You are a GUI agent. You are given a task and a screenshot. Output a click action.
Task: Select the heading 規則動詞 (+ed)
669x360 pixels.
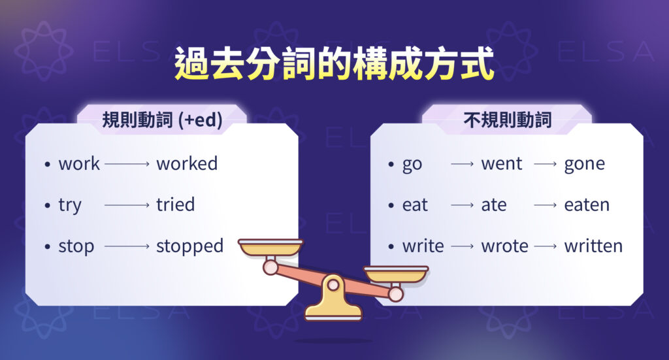click(162, 120)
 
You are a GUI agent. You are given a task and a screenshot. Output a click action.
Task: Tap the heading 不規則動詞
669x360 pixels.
click(507, 120)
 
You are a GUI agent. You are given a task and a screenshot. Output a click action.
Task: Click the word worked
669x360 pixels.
click(186, 163)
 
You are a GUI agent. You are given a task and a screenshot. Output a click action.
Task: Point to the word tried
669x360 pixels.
click(175, 205)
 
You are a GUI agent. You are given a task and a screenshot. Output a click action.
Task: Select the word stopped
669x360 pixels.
click(189, 246)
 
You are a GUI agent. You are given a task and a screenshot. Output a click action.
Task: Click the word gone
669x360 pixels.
click(584, 164)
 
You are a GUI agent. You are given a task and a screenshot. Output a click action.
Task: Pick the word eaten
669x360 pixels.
click(587, 205)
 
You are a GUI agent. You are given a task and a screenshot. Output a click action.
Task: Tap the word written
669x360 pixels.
click(593, 246)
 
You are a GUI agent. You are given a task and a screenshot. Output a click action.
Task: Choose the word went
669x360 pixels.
click(502, 164)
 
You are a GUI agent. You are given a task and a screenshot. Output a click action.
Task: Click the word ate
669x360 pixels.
click(494, 205)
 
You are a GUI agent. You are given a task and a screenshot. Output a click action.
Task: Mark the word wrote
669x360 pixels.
click(504, 246)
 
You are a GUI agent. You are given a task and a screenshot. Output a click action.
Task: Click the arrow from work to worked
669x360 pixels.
click(127, 164)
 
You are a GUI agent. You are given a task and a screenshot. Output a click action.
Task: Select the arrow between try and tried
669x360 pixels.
click(127, 205)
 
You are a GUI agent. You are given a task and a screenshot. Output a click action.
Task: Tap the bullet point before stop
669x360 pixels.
click(47, 247)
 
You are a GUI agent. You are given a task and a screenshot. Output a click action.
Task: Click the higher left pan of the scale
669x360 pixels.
click(270, 247)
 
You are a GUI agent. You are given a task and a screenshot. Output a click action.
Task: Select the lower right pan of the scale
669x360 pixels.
click(395, 273)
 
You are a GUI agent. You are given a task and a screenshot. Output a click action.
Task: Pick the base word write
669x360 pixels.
click(423, 246)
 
